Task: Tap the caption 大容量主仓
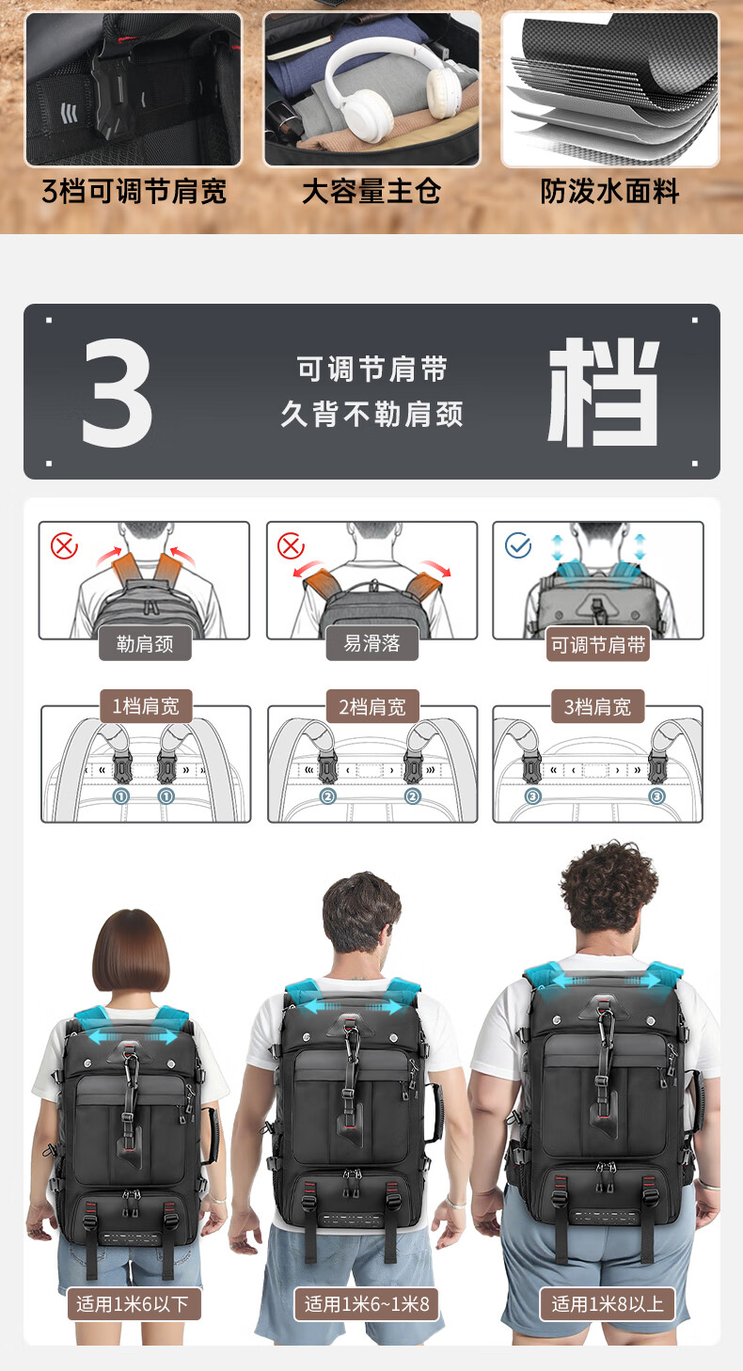(x=371, y=191)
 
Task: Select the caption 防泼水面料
(x=609, y=191)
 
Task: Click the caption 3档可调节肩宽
(x=134, y=191)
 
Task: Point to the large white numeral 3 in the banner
(x=117, y=392)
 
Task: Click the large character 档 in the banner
(x=603, y=392)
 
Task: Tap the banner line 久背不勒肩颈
(x=371, y=414)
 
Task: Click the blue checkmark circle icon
(x=518, y=545)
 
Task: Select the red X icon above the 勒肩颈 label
(x=64, y=545)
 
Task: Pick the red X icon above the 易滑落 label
(x=291, y=545)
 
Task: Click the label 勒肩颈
(x=145, y=644)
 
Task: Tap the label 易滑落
(x=372, y=643)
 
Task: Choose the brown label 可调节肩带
(x=598, y=644)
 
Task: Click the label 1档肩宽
(x=146, y=707)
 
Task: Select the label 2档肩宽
(x=372, y=707)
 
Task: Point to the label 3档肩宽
(x=597, y=707)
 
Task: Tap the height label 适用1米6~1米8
(x=367, y=1304)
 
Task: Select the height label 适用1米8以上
(x=608, y=1304)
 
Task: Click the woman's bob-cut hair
(x=131, y=951)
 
